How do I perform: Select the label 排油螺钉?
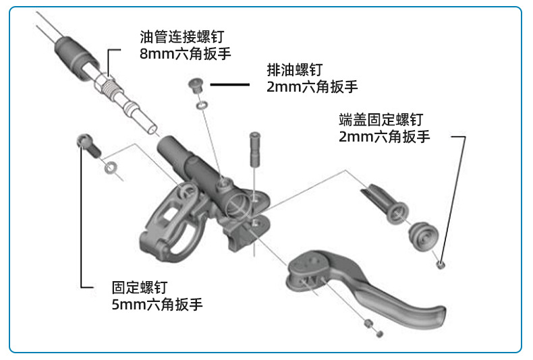coord(294,69)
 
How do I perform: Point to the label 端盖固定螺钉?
coord(381,120)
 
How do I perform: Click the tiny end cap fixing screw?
coord(440,264)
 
